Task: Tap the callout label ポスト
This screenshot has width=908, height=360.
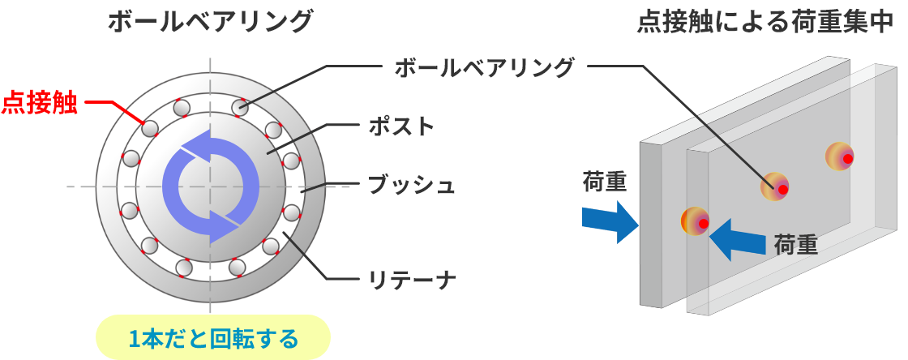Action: click(401, 126)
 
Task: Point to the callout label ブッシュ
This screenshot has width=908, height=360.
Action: click(411, 185)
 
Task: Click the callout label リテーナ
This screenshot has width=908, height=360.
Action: click(412, 281)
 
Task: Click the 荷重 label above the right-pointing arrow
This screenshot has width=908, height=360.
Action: click(605, 182)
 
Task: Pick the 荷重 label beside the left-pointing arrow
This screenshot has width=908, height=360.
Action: click(795, 244)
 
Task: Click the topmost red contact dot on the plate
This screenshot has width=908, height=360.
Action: click(846, 159)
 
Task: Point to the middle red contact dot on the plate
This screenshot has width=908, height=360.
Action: click(782, 190)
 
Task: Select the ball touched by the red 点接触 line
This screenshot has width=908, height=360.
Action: click(149, 128)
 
